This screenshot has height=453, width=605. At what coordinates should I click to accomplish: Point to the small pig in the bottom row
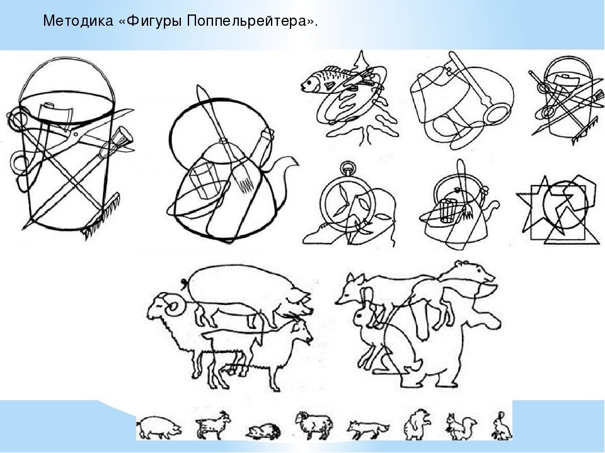pos(159,427)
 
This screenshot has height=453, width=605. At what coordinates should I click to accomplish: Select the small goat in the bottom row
pos(213,425)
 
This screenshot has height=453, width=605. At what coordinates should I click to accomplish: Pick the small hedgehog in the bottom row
pos(263,432)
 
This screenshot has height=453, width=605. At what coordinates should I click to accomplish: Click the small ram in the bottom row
pos(314,425)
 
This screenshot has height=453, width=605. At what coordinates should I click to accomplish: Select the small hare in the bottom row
pos(502,426)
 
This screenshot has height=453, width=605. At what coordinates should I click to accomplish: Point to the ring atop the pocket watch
pos(348,168)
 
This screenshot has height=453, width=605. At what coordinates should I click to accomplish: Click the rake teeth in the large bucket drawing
pos(101,216)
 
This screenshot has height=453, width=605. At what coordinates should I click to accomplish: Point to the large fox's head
pos(350,289)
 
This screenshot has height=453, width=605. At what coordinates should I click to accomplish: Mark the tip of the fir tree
pos(361,51)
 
